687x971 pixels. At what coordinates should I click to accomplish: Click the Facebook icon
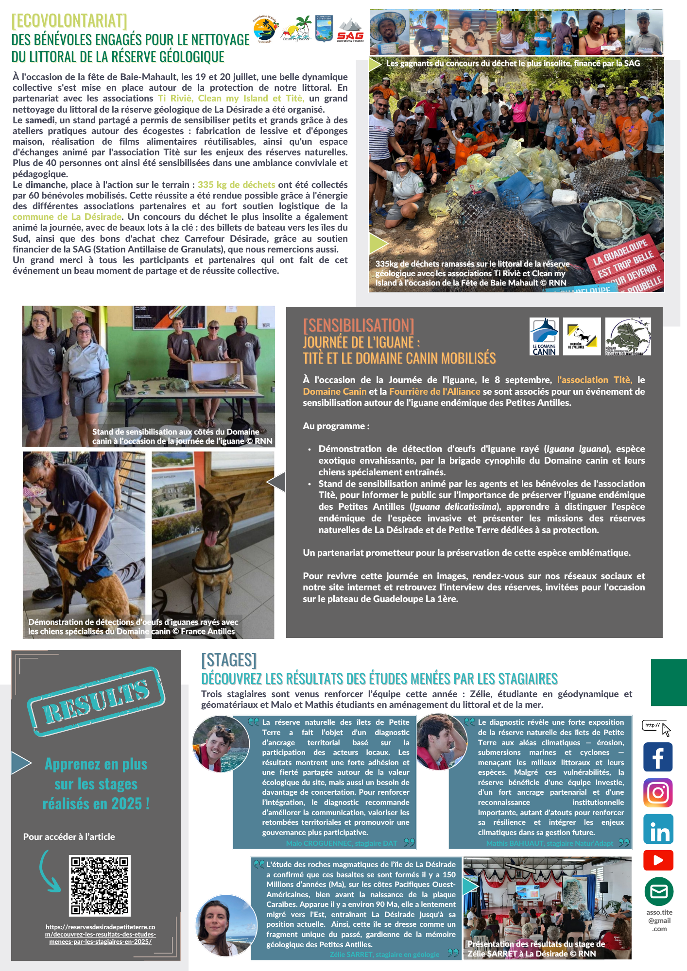(x=658, y=757)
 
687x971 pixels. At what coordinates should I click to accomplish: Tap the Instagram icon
(x=658, y=793)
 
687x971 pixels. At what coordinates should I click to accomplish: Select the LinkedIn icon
(x=658, y=829)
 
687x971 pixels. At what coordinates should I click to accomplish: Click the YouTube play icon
(x=658, y=860)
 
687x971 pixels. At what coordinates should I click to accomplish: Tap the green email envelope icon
(x=659, y=892)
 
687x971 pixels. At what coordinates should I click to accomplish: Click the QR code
(x=100, y=886)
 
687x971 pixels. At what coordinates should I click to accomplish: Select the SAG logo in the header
(x=350, y=30)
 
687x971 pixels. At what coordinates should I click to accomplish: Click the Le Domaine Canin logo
(x=544, y=336)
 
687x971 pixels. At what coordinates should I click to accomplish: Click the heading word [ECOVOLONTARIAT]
(x=69, y=21)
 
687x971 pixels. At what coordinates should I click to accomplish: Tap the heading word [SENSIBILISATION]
(x=358, y=325)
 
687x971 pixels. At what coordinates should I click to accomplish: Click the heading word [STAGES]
(x=229, y=660)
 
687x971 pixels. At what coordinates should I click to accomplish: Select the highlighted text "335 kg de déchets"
(x=236, y=185)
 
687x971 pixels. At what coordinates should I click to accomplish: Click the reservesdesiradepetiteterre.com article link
(x=100, y=934)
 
